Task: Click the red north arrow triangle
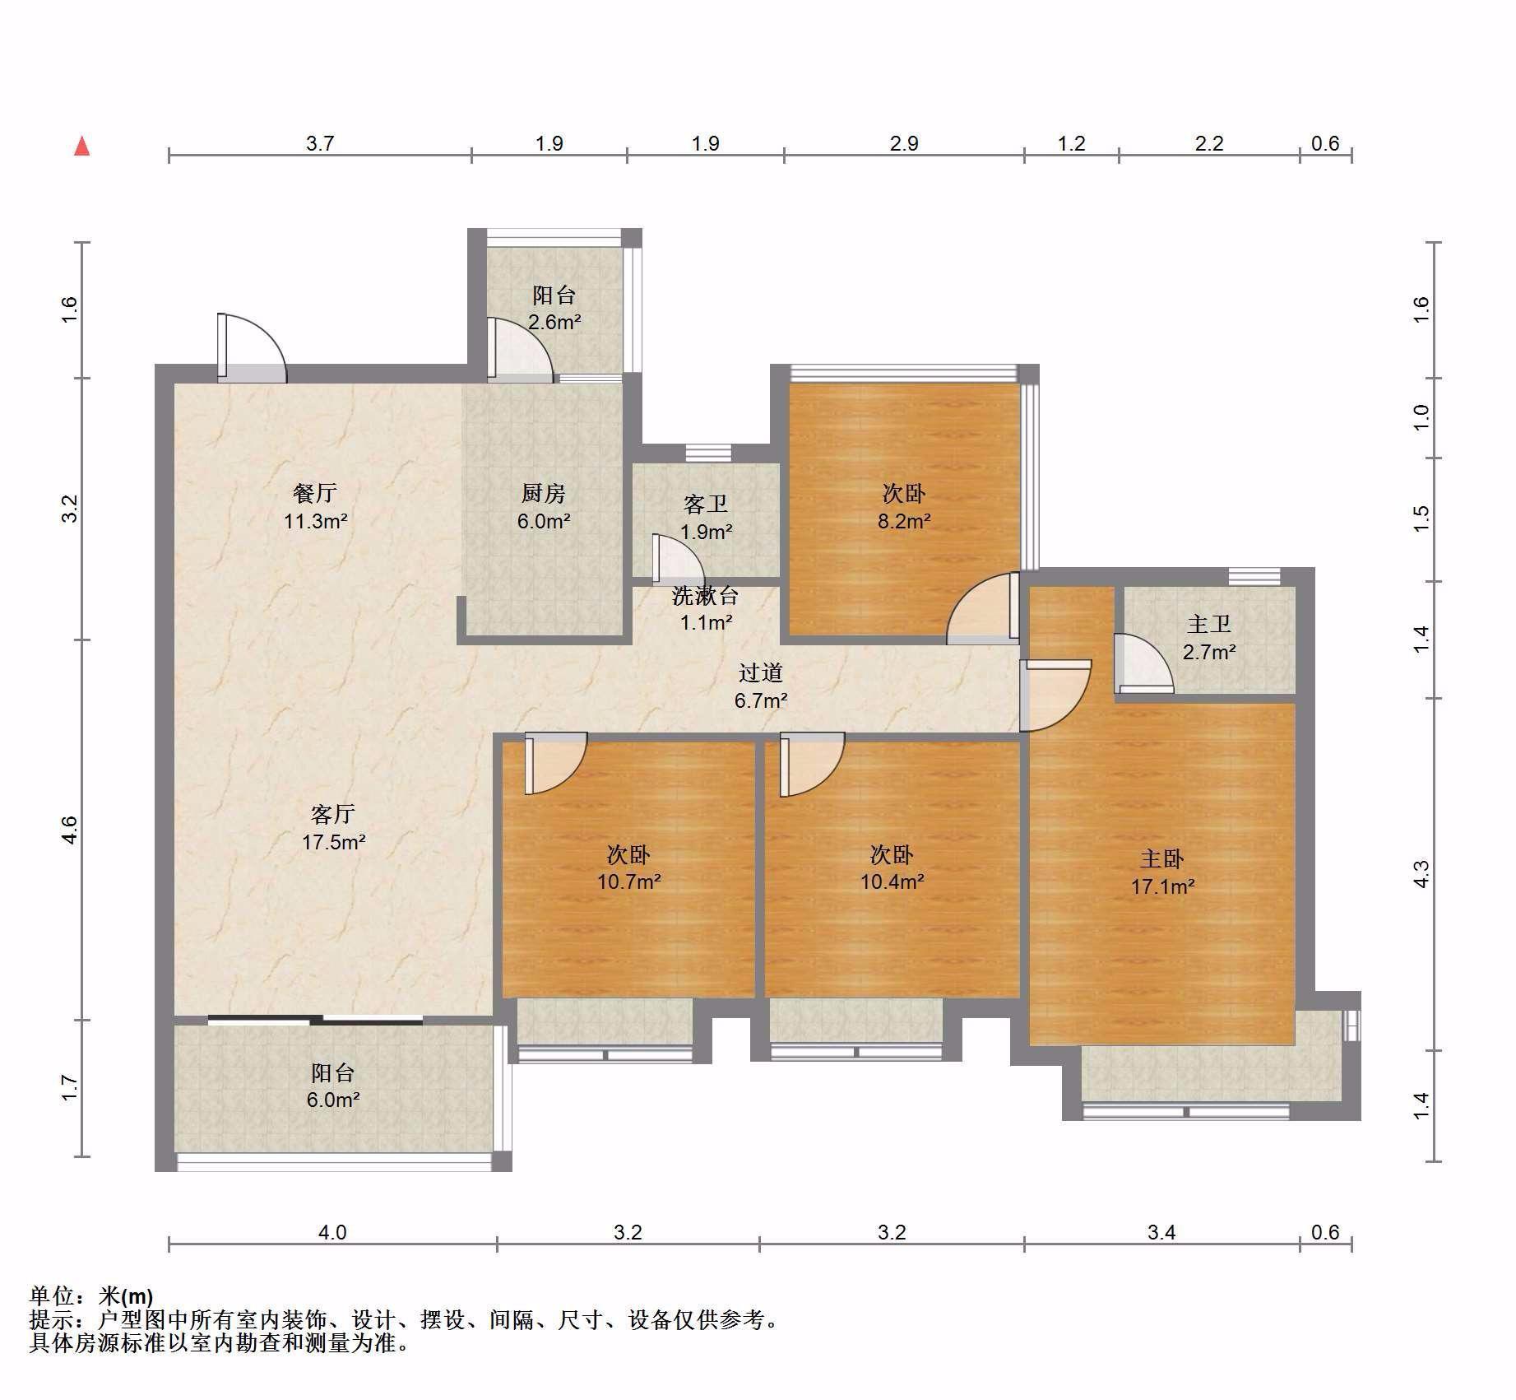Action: coord(81,147)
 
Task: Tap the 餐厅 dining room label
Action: coord(315,493)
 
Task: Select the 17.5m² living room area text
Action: coord(333,842)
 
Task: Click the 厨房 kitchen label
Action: coord(544,493)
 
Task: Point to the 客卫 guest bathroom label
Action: coord(706,504)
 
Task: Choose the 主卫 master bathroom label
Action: coord(1209,624)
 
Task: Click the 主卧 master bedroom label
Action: coord(1161,858)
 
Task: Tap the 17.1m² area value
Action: coord(1162,886)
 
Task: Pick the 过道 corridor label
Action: coord(760,672)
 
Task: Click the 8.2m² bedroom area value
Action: coord(904,521)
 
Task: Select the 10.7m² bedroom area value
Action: coord(629,881)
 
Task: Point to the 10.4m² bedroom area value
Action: coord(892,881)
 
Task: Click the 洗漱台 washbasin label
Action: coord(706,595)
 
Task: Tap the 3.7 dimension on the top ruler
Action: coord(320,143)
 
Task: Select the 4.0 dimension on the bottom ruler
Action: coord(332,1232)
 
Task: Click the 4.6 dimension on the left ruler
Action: coord(70,829)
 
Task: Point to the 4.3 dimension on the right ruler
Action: coord(1422,873)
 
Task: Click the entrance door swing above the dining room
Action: coord(252,348)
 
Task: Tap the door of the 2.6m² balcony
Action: coord(519,350)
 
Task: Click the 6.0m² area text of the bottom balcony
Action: coord(333,1100)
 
